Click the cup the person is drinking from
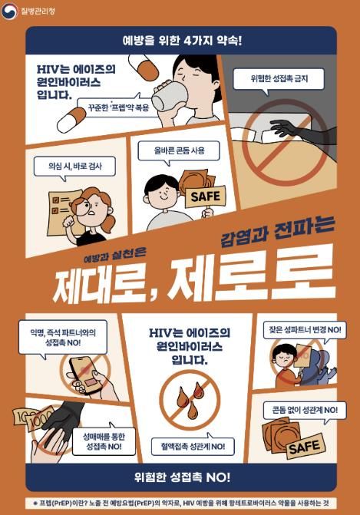click(x=167, y=97)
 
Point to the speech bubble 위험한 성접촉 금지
click(x=277, y=79)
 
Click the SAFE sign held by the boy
click(x=205, y=196)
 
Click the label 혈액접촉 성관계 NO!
click(x=189, y=446)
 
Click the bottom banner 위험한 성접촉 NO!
click(x=181, y=477)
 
